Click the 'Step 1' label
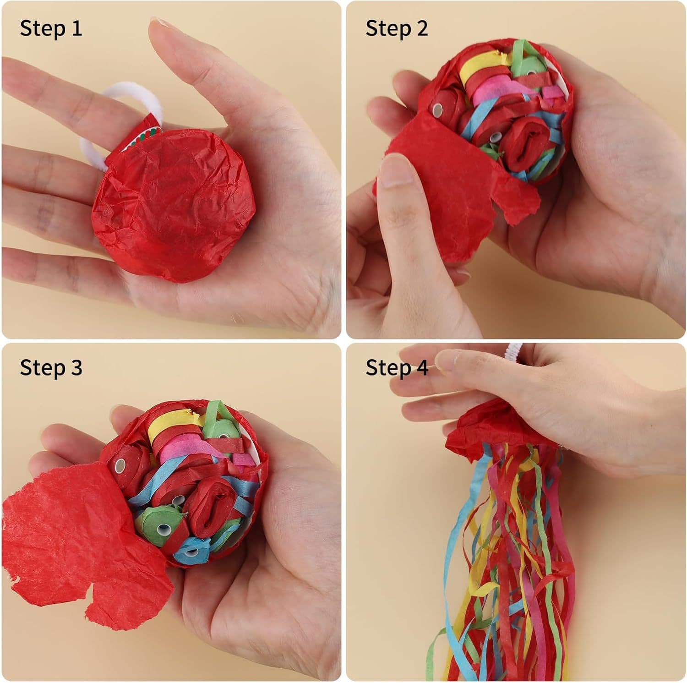(x=51, y=28)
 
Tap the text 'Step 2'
(x=397, y=28)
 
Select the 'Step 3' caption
(x=51, y=368)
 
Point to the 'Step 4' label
(x=397, y=368)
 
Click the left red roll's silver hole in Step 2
(x=437, y=110)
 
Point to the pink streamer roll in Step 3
(x=181, y=452)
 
